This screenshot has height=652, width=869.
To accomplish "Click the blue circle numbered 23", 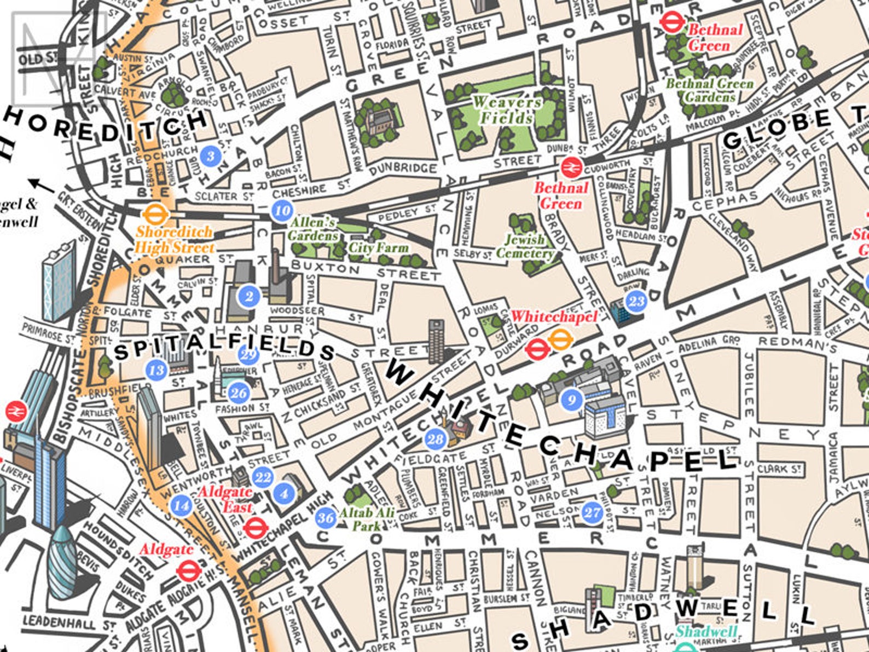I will (636, 301).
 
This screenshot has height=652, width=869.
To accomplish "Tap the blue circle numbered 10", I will (282, 210).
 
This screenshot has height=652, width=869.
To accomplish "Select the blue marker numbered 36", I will (326, 517).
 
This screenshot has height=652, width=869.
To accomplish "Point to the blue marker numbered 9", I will (572, 400).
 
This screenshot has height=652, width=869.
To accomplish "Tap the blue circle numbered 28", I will (435, 439).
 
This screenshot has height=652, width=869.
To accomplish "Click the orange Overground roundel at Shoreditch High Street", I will (154, 213).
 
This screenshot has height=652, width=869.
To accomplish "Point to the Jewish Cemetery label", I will (524, 246).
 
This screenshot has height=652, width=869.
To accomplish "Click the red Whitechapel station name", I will (554, 317).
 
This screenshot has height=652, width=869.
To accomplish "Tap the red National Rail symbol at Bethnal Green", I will (571, 165).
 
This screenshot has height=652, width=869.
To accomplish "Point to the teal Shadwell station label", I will (706, 631).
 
